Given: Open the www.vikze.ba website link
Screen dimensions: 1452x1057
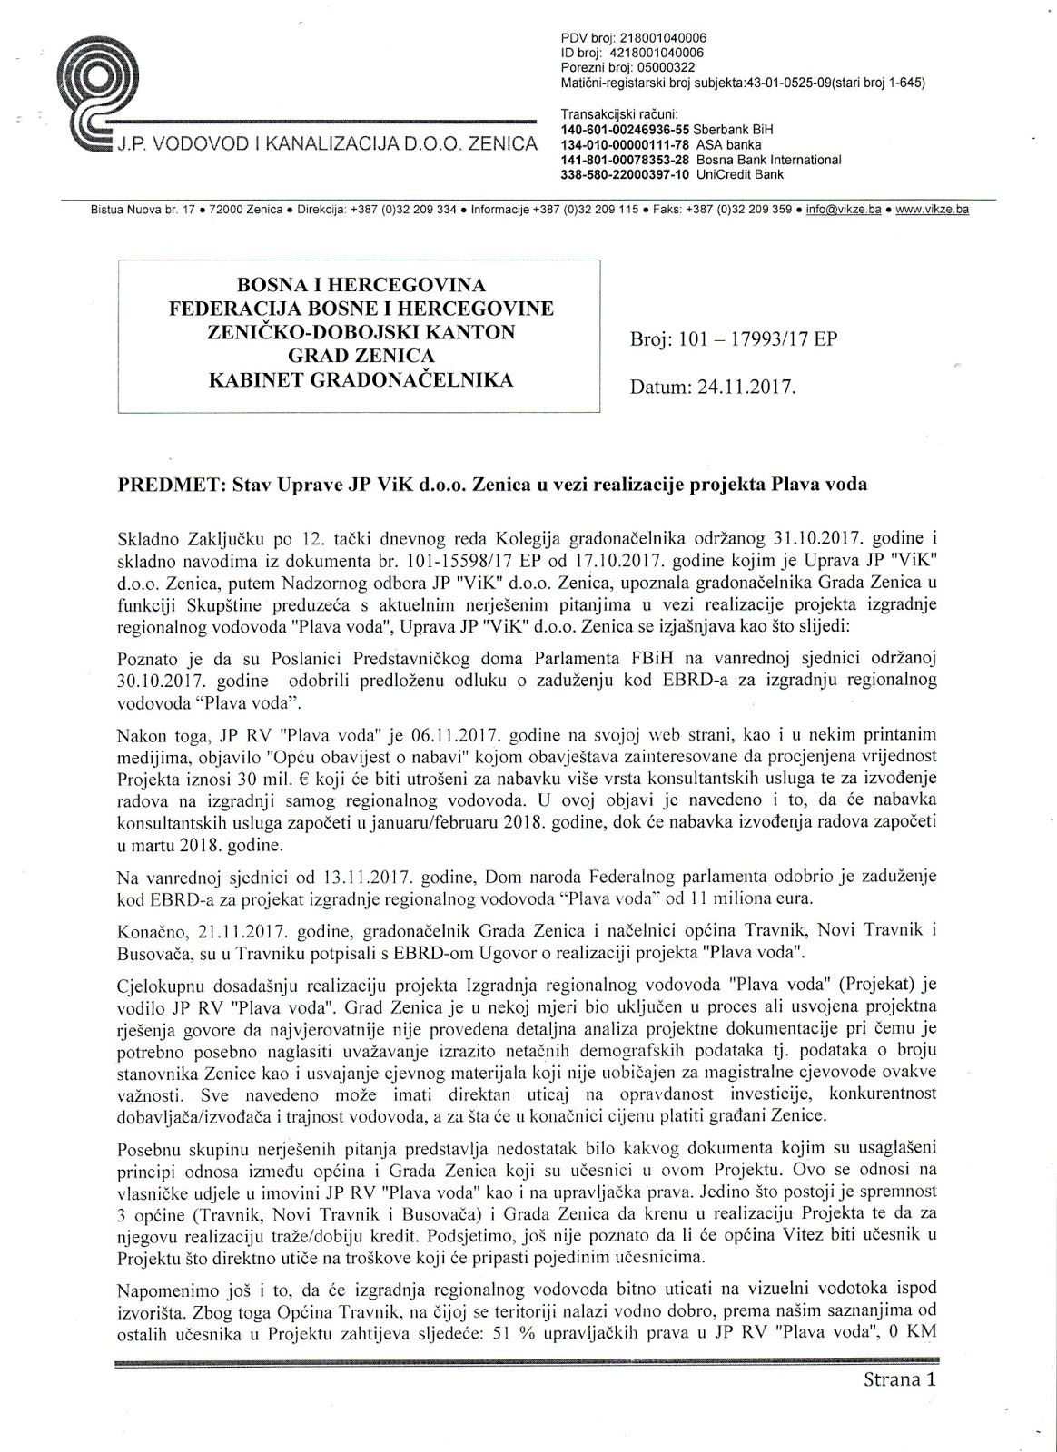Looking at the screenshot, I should click(932, 210).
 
